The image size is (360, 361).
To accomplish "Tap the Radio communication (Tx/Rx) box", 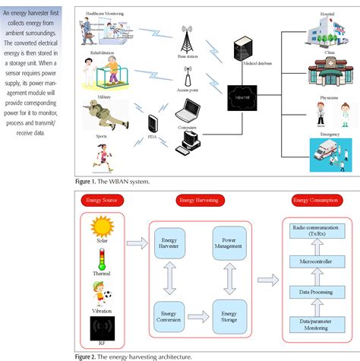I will pos(312,231).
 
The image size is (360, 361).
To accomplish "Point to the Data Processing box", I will pos(312,291).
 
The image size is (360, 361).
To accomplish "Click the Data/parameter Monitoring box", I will pos(312,323).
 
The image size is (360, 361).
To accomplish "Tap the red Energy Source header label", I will pos(104,201).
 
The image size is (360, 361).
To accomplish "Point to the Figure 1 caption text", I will pos(115,182).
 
